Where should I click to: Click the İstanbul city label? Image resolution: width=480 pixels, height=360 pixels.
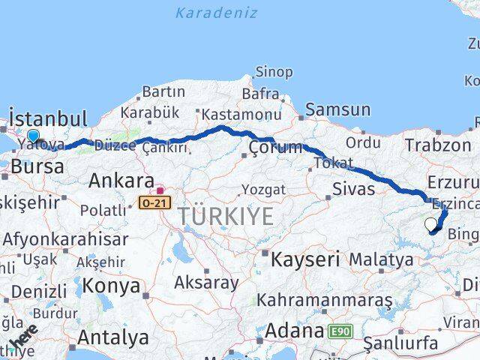pyautogui.click(x=48, y=119)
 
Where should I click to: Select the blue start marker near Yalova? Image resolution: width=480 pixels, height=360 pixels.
pyautogui.click(x=32, y=137)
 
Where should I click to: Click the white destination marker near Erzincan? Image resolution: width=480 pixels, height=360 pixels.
pyautogui.click(x=430, y=224)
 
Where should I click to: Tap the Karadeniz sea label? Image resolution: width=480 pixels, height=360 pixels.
pyautogui.click(x=216, y=13)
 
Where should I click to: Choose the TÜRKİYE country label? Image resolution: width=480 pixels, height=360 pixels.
pyautogui.click(x=226, y=217)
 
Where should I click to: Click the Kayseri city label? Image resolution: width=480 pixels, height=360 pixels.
pyautogui.click(x=305, y=260)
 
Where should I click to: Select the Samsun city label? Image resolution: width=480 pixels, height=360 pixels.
pyautogui.click(x=337, y=109)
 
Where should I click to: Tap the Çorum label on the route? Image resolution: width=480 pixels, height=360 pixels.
pyautogui.click(x=275, y=146)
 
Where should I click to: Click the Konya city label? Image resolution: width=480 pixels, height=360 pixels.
pyautogui.click(x=111, y=286)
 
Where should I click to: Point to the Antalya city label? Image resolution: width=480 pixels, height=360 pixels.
pyautogui.click(x=112, y=337)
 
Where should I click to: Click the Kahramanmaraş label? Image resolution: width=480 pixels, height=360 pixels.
pyautogui.click(x=324, y=300)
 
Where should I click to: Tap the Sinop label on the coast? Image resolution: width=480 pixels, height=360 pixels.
pyautogui.click(x=274, y=72)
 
